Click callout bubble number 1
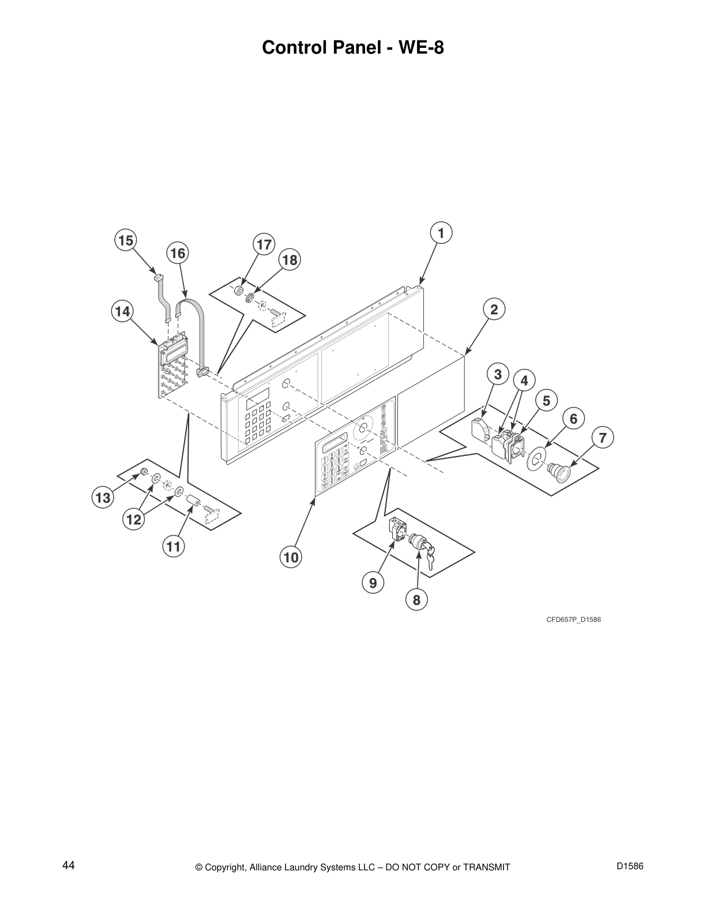(441, 233)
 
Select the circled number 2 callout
(494, 310)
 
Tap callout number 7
(602, 438)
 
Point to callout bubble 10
(291, 557)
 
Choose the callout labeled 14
(122, 312)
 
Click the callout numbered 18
(290, 261)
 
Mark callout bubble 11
(174, 546)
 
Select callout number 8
(416, 600)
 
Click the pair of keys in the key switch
(430, 557)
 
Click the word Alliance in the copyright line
(269, 867)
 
